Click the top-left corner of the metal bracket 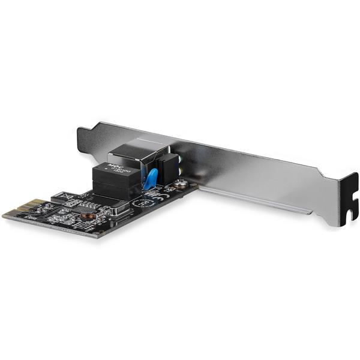[x=82, y=127]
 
